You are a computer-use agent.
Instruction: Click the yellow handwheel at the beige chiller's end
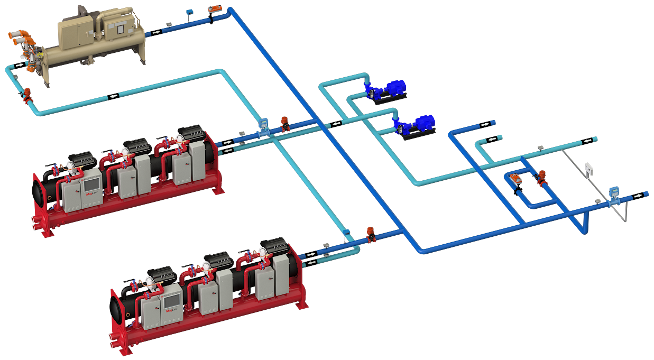pos(41,54)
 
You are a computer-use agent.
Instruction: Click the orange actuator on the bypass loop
pos(515,179)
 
